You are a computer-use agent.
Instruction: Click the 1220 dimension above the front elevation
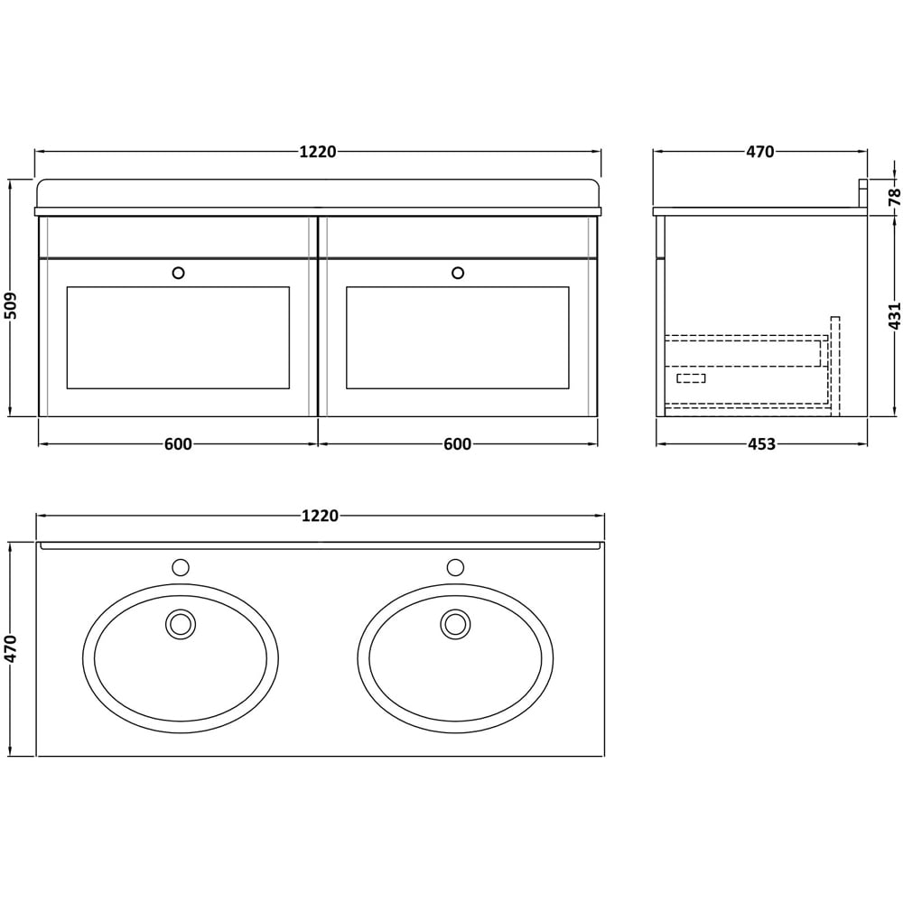tap(318, 152)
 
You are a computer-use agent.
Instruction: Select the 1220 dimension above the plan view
tap(320, 516)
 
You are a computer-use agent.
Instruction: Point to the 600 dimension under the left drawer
tap(178, 444)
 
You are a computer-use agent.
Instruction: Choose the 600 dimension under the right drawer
tap(458, 444)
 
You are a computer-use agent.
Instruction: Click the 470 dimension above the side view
tap(760, 152)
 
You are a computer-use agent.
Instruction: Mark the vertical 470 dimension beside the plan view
tap(11, 648)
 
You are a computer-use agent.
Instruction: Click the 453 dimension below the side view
tap(761, 444)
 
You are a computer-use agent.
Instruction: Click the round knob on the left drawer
tap(178, 273)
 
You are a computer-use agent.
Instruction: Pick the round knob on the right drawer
tap(458, 273)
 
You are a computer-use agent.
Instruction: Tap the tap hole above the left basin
tap(181, 567)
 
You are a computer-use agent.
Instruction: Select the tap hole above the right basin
tap(455, 567)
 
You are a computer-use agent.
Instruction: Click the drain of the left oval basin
tap(181, 624)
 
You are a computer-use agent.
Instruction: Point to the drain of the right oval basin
tap(455, 624)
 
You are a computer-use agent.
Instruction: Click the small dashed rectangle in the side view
tap(691, 377)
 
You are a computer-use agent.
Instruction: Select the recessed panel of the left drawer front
tap(178, 338)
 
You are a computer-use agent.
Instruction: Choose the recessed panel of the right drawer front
tap(458, 338)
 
